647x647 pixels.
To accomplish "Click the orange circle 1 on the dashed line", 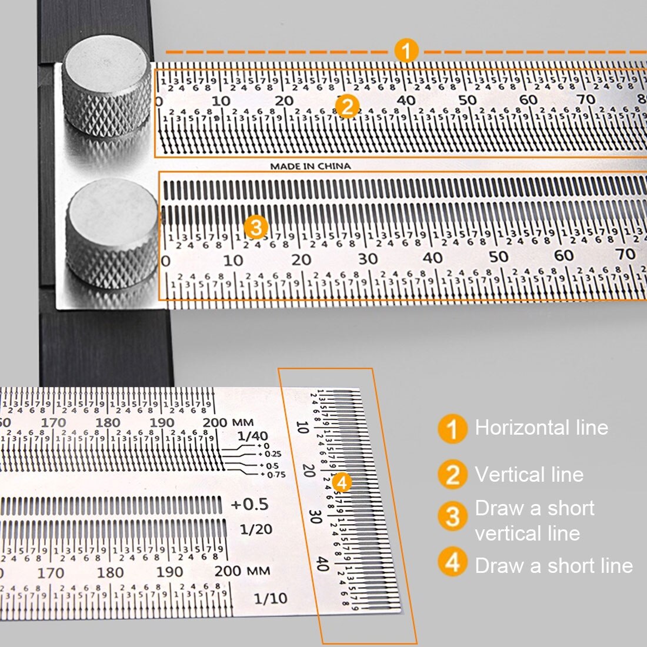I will coord(406,51).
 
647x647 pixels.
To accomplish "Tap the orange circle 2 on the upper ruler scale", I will coord(347,106).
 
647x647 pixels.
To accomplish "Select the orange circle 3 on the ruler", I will coord(256,227).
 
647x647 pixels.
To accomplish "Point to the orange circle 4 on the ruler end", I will coord(342,482).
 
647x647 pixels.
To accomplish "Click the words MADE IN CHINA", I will coord(310,166).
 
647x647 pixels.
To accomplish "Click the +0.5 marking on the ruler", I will coord(249,505).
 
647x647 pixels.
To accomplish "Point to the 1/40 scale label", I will coord(252,436).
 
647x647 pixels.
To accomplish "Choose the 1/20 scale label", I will coord(256,529).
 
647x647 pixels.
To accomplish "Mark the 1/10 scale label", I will coord(271,599).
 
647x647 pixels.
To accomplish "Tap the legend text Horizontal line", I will coord(541,428).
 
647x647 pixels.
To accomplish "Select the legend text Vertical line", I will coord(529,474).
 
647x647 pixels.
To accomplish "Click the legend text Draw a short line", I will coord(553,566).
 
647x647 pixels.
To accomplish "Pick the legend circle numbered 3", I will coord(452,516).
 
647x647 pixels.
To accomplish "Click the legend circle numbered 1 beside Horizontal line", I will coord(452,429).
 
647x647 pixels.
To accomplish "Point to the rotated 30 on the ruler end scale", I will coord(315,516).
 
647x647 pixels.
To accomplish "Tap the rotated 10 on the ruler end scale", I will coord(302,426).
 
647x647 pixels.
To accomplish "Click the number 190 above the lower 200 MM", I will coord(169,572).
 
